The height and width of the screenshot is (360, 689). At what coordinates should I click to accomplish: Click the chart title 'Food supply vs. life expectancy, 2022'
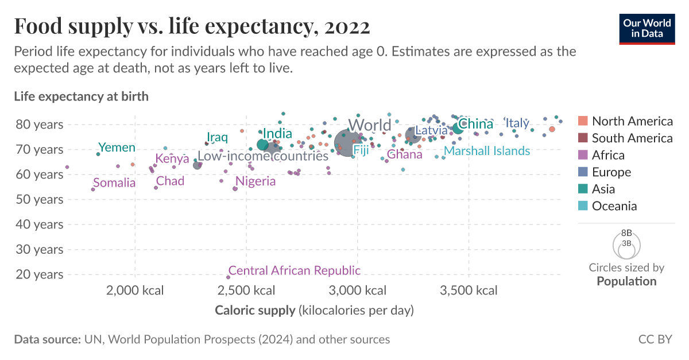point(192,26)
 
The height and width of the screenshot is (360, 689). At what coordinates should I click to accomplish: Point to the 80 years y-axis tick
point(40,124)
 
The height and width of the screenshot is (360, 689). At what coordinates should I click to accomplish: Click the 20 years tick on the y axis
point(40,274)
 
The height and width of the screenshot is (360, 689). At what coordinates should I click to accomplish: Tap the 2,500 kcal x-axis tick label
point(246,291)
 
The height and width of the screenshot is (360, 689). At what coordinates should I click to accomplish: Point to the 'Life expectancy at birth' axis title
point(81,96)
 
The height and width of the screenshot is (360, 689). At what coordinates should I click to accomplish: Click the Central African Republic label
point(295,270)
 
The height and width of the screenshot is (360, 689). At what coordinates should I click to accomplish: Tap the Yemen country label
point(117,148)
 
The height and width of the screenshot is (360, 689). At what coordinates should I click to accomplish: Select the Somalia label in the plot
point(114,183)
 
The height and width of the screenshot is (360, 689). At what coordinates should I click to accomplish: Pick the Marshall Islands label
point(487,151)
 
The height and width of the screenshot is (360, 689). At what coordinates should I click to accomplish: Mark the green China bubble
point(458,127)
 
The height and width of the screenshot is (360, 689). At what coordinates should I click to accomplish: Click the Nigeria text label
point(256,181)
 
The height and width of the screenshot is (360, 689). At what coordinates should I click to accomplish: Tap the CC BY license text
point(655,339)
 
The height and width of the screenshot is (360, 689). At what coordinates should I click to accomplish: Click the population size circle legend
point(626,245)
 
